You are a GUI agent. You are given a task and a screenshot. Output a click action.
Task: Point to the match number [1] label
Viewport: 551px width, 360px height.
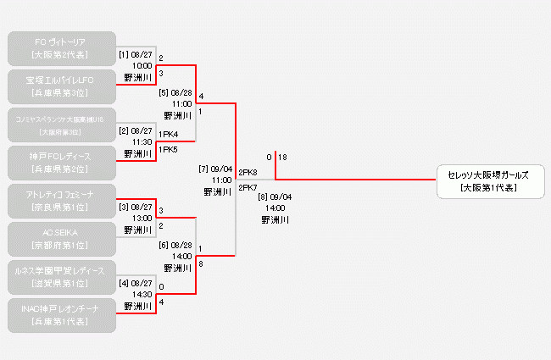click(x=123, y=54)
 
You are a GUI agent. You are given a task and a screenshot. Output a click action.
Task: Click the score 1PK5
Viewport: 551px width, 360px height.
click(x=168, y=150)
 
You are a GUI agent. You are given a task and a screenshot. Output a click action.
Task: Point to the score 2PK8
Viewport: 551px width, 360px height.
click(x=248, y=172)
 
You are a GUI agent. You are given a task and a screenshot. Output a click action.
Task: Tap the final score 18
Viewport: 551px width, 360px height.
click(x=282, y=158)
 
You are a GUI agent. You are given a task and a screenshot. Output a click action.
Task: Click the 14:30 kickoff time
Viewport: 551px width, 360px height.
click(x=142, y=294)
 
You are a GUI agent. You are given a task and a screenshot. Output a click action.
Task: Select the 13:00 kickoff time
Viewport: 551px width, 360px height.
click(x=142, y=218)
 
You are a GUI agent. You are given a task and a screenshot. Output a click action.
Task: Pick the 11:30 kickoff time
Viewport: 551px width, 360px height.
click(x=142, y=141)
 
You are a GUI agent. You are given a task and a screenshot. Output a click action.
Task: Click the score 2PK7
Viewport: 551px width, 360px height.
click(x=248, y=187)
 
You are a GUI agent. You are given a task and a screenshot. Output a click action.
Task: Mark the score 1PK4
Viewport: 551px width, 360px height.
click(x=168, y=134)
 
